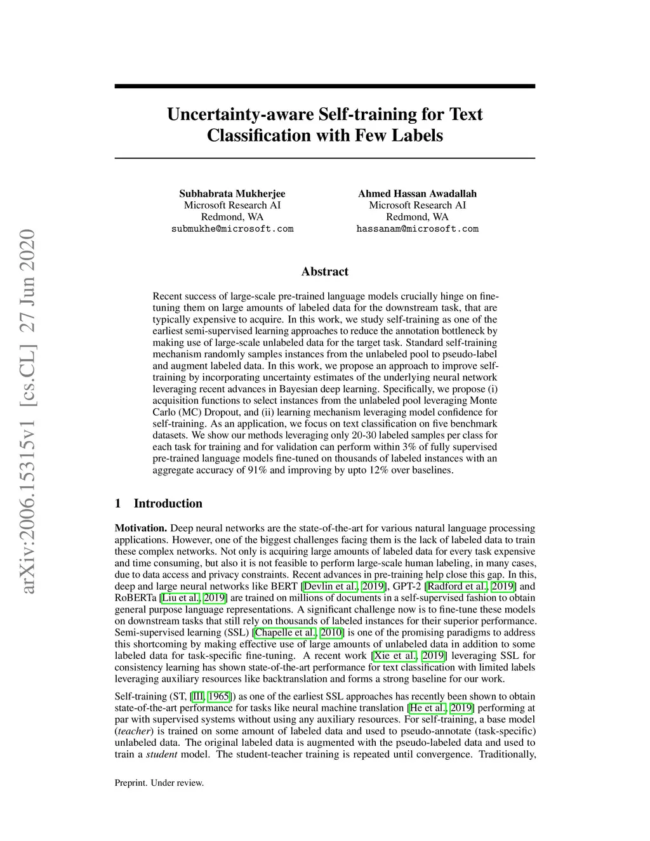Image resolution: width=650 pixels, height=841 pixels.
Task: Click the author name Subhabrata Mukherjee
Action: [x=232, y=194]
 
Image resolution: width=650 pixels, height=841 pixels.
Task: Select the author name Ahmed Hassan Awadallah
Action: [x=417, y=194]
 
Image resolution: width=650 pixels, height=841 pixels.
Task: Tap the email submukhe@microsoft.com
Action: [x=232, y=228]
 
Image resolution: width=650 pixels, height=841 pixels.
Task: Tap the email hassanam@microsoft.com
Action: [x=417, y=228]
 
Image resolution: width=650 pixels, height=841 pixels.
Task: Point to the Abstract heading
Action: [x=324, y=272]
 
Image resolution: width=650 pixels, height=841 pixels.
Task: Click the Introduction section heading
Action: [x=168, y=503]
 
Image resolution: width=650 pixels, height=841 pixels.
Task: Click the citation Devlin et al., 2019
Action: [x=343, y=586]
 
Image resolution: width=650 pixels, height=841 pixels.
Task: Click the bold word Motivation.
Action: [x=140, y=528]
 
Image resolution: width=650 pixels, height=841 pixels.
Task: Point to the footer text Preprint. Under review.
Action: [x=159, y=783]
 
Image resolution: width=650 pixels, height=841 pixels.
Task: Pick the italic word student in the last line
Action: [x=162, y=754]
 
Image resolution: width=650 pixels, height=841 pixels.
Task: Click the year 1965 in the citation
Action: [x=219, y=696]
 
